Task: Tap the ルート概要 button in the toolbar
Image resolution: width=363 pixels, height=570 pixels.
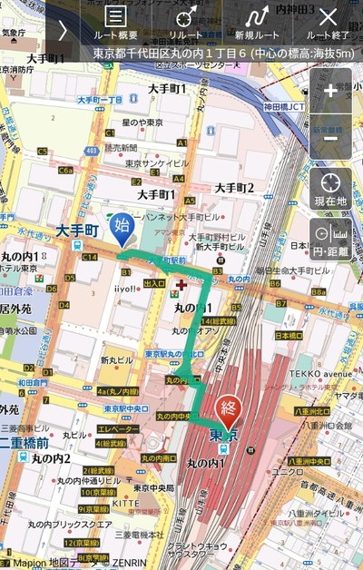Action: [115, 23]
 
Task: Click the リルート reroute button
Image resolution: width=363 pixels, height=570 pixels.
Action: [186, 23]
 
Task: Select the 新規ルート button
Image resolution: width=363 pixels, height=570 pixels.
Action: [257, 23]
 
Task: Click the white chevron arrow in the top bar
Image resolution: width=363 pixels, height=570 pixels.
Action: [63, 29]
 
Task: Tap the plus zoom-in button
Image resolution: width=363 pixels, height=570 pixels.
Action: [330, 90]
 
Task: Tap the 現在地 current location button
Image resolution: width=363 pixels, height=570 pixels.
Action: [330, 188]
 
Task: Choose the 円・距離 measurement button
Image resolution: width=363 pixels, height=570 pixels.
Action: [330, 240]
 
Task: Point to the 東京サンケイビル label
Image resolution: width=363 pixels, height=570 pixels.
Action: [157, 163]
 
